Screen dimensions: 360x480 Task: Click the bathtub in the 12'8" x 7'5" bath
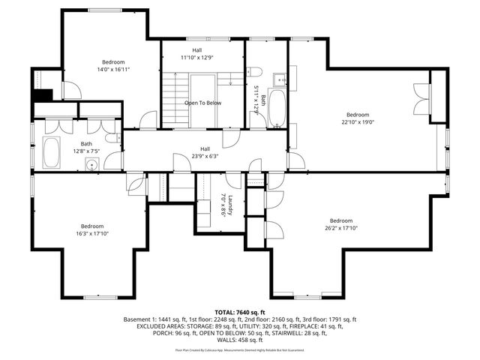click(52, 152)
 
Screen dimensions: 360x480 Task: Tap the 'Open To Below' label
click(202, 103)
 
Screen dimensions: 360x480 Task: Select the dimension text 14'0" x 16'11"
click(113, 69)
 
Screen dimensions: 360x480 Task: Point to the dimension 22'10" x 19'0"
click(357, 121)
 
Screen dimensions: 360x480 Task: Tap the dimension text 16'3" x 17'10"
click(92, 233)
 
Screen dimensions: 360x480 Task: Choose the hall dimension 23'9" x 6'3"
click(205, 156)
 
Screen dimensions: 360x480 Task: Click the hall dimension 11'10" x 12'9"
click(196, 57)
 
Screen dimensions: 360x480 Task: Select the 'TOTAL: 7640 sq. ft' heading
click(239, 311)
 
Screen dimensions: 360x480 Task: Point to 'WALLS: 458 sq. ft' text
click(239, 342)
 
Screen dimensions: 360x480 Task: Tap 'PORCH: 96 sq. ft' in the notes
click(159, 334)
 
